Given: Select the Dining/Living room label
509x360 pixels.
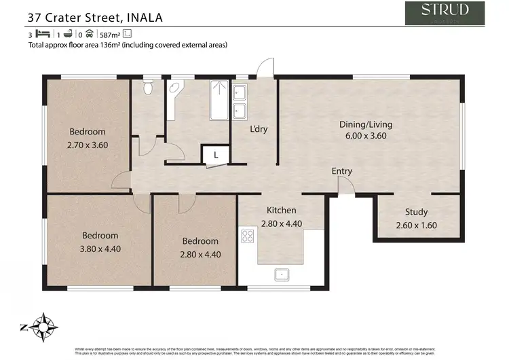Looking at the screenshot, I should (366, 124).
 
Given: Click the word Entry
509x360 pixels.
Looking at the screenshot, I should (342, 171).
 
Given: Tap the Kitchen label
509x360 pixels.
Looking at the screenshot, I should (280, 211).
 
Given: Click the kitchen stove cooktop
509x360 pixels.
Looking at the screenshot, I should (247, 236).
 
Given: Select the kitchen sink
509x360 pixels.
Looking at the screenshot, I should (280, 274).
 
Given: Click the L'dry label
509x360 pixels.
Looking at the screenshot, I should (259, 129).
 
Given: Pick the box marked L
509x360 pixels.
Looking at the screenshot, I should (216, 155).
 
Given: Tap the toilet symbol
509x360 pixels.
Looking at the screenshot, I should (147, 88).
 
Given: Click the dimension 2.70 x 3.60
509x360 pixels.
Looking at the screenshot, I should (88, 145).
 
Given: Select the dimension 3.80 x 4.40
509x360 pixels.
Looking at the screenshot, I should (100, 249).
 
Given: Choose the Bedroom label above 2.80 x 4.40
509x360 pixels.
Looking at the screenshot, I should (200, 241).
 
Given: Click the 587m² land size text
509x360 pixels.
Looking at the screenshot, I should (109, 33).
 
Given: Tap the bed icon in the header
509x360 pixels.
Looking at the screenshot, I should (42, 33).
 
